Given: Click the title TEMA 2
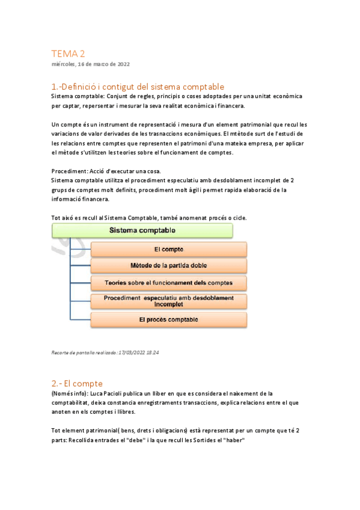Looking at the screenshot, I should tap(69, 54).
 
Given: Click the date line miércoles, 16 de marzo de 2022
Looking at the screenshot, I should tap(90, 64).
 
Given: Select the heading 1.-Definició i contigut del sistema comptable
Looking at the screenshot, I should tap(138, 87).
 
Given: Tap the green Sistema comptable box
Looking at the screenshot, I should tap(142, 230).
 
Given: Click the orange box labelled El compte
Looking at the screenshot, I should tap(168, 249).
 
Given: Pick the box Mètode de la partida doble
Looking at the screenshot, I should tap(168, 265).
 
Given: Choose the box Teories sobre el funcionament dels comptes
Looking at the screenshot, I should tap(168, 282).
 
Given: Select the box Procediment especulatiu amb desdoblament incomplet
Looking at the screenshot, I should tap(168, 301).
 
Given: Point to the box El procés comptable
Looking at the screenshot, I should tap(168, 319).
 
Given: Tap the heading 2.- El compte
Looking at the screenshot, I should tap(77, 383).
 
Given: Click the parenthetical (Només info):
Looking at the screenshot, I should tap(70, 393).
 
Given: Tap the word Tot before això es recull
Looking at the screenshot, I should tap(56, 217).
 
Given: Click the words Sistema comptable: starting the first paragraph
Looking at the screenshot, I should tap(77, 96).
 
